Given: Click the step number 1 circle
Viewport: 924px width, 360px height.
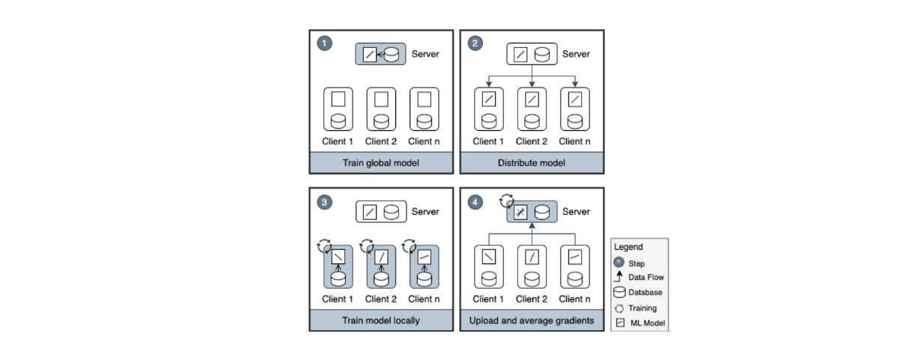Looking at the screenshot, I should [x=324, y=43].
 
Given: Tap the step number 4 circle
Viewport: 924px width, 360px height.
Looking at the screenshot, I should [x=475, y=201].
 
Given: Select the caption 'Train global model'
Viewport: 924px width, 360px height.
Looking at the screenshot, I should [x=381, y=162].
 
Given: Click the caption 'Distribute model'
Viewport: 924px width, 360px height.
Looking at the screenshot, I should [x=532, y=162].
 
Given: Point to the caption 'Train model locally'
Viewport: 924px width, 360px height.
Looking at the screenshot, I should [x=381, y=320].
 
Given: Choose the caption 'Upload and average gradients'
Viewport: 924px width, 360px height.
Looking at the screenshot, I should [x=532, y=320].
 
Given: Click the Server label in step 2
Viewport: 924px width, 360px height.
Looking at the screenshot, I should [x=576, y=54].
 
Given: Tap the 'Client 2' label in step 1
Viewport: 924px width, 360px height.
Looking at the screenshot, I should [x=381, y=141].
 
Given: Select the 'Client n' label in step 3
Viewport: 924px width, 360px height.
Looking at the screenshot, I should [x=425, y=299].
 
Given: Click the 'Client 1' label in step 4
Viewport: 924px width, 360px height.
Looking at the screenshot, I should [x=487, y=299].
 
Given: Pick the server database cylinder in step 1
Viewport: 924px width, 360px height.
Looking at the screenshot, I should [x=391, y=55].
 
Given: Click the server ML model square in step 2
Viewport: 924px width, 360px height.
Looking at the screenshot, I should [x=521, y=55].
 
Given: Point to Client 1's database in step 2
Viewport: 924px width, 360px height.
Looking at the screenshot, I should [x=489, y=120].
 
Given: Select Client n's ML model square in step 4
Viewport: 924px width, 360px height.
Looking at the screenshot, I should [x=575, y=257].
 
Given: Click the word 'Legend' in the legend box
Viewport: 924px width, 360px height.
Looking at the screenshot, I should [x=628, y=247].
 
